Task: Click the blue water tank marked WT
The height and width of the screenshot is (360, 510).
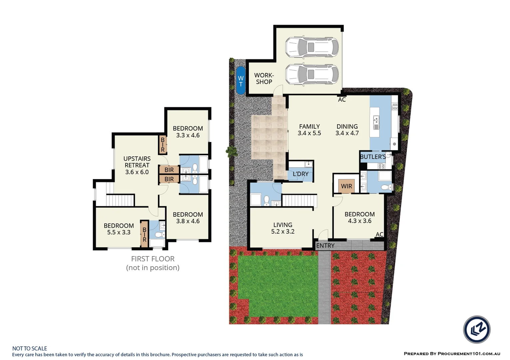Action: coord(241,81)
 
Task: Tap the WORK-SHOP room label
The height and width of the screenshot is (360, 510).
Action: coord(264,79)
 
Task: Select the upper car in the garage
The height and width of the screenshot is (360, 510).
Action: coord(312,47)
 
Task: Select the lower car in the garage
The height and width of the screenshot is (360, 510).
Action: coord(312,74)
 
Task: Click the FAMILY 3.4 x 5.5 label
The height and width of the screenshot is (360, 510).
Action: coord(309,130)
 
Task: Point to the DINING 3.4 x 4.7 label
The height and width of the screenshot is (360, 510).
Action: coord(347,130)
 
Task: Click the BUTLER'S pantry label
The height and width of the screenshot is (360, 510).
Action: coord(373,157)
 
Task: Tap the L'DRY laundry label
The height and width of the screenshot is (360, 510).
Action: coord(300,174)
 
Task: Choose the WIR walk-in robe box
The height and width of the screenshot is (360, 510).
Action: coord(346,186)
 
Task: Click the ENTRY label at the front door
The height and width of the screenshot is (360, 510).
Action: coord(325,246)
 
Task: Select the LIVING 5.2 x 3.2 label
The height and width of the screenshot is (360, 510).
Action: coord(283,228)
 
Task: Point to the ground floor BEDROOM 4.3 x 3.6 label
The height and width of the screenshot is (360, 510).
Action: coord(359,218)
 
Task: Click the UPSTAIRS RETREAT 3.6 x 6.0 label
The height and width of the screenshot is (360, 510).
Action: coord(137,165)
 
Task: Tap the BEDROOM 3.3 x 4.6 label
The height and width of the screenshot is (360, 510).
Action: coord(188,132)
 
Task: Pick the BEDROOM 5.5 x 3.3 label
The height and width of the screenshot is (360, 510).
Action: coord(119,229)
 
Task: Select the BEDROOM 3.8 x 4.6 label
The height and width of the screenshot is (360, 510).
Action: coord(188,218)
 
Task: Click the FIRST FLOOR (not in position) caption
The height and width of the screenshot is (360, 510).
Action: coord(153,263)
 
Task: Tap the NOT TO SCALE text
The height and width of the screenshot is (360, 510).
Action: coord(30,348)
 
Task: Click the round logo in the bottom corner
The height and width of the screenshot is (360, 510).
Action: coord(477,329)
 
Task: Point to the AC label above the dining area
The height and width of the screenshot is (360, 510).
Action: coord(342,100)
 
